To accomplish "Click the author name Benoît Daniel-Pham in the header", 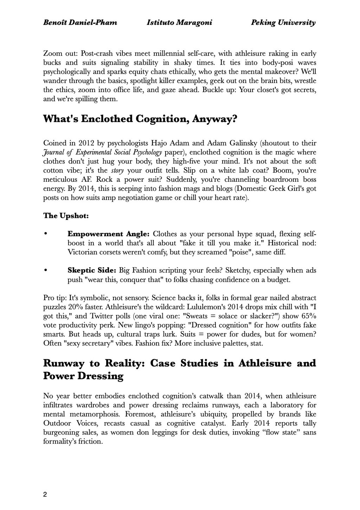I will pyautogui.click(x=80, y=23).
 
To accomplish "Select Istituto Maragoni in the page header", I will pyautogui.click(x=179, y=23).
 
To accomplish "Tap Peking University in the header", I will pyautogui.click(x=283, y=23).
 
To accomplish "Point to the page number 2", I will pyautogui.click(x=45, y=495).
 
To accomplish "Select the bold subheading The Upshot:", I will pyautogui.click(x=66, y=215).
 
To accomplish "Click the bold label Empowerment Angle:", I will pyautogui.click(x=109, y=234).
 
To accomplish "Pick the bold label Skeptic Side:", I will pyautogui.click(x=92, y=271).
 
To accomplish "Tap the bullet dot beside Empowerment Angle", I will pyautogui.click(x=45, y=234).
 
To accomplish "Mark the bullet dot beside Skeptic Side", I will pyautogui.click(x=45, y=271).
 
